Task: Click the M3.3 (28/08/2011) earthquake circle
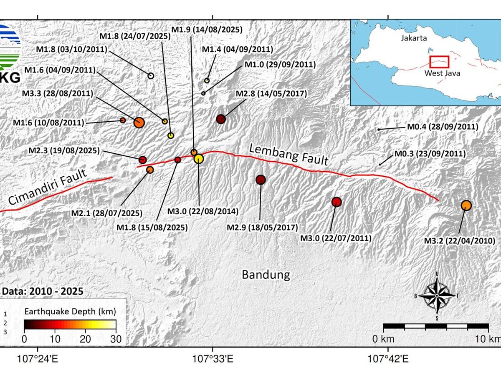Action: click(139, 122)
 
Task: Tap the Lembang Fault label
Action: click(288, 154)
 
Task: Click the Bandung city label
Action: click(266, 275)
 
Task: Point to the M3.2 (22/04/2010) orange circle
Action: click(466, 205)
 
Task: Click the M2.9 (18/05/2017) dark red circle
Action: click(261, 180)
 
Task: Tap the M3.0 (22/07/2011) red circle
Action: click(337, 202)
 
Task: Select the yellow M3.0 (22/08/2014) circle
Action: click(199, 159)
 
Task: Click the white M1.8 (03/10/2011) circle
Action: click(151, 75)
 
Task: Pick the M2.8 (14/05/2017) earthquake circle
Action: click(221, 119)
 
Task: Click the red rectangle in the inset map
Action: click(439, 62)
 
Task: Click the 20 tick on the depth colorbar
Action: click(86, 340)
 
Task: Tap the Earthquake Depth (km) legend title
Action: click(70, 311)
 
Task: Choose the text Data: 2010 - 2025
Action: click(43, 291)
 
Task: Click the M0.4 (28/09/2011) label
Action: click(442, 127)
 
